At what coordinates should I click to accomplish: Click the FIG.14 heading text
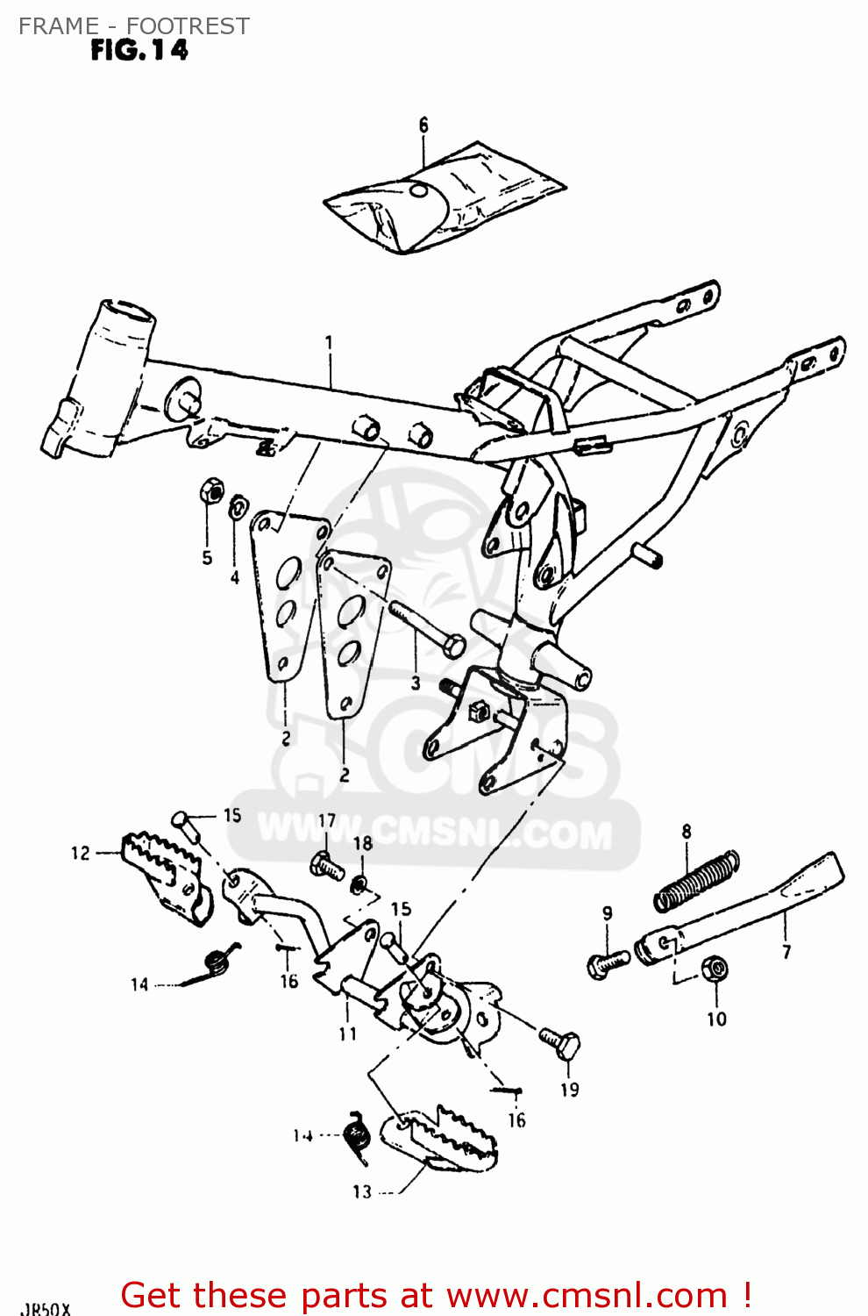[x=139, y=51]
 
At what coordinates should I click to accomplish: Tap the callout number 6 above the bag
[x=423, y=125]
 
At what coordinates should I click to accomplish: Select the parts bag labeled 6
[x=443, y=199]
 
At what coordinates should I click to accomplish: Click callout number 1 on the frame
[x=330, y=341]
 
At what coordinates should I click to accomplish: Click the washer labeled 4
[x=237, y=508]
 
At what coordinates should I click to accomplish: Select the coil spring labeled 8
[x=698, y=880]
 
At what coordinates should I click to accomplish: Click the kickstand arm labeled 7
[x=745, y=908]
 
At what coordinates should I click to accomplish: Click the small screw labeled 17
[x=327, y=866]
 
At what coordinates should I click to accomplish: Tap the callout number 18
[x=362, y=843]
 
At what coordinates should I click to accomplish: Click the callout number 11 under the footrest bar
[x=348, y=1033]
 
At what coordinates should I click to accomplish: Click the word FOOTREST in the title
[x=188, y=26]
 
